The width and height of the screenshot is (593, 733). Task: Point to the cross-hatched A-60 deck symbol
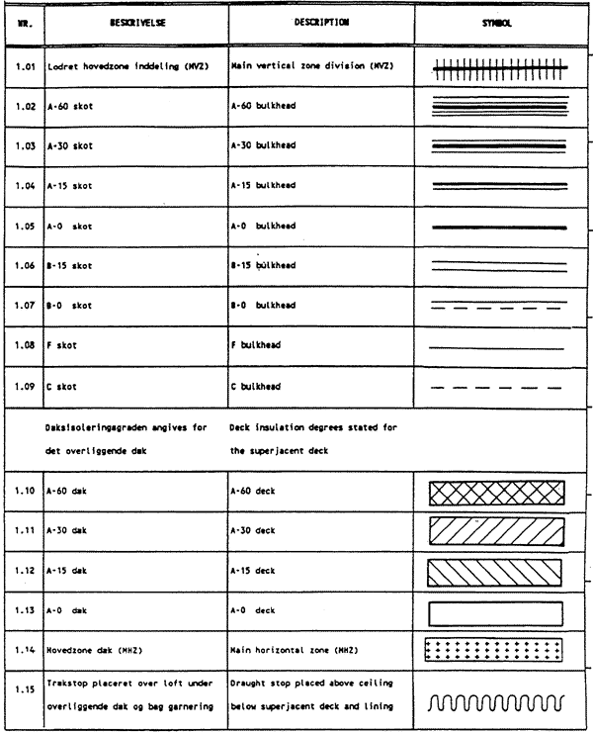496,493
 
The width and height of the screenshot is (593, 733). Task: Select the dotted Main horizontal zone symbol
496,648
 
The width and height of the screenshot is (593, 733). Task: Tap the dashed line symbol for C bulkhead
496,386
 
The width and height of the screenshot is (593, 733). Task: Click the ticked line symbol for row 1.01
496,67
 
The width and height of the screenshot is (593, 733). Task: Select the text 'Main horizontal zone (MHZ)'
285,648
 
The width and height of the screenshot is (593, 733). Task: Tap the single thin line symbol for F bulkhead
496,348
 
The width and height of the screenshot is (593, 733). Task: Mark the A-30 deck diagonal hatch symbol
496,532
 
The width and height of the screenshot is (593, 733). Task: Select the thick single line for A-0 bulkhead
496,227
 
